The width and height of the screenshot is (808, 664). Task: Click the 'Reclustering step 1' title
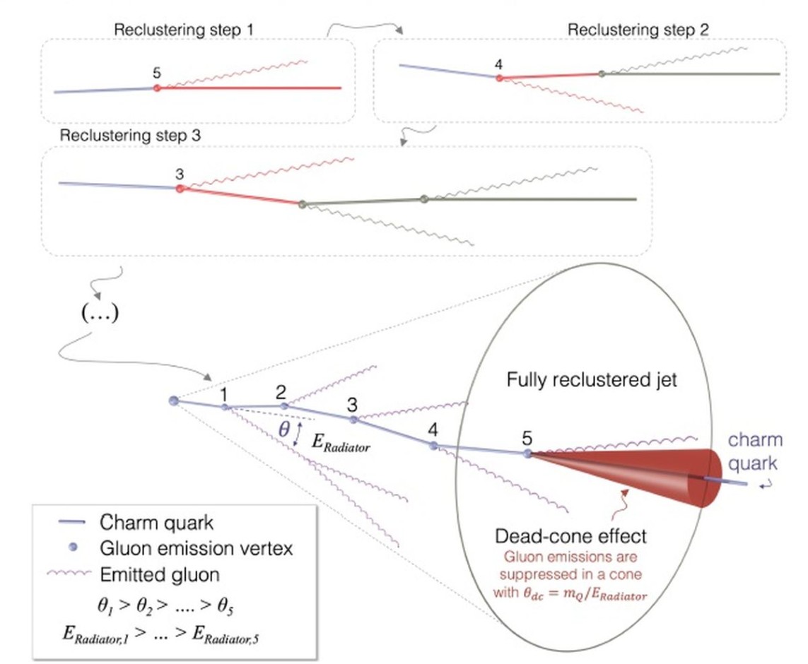point(184,30)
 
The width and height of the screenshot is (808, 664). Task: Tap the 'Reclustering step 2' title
point(638,30)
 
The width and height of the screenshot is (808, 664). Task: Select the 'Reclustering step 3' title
point(130,136)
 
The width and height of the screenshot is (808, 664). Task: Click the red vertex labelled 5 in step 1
point(157,88)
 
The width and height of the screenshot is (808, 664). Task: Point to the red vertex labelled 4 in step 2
point(499,78)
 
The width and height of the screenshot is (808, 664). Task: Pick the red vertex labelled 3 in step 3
point(180,189)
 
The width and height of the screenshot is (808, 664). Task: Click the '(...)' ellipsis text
point(100,312)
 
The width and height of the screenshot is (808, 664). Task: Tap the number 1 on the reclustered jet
point(223,395)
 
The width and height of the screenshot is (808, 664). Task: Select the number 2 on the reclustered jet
point(281,392)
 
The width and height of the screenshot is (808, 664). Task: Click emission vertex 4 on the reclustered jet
point(434,446)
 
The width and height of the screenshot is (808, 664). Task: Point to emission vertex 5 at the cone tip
point(527,453)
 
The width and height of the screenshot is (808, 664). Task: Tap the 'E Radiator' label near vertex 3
point(341,443)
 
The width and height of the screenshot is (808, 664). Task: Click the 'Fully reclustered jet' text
point(592,380)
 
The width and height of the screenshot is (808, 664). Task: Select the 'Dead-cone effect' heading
point(570,536)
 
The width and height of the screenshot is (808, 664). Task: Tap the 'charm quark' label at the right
point(754,451)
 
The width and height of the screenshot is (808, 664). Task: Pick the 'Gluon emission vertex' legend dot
point(74,547)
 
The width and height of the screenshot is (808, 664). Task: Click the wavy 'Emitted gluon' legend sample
point(69,573)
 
